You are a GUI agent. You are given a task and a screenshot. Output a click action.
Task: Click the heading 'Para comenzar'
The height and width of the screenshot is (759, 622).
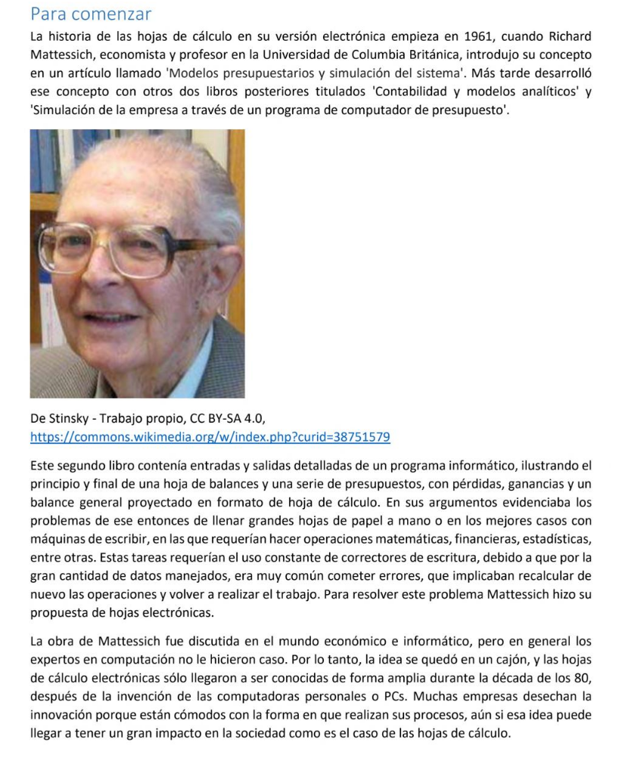[x=90, y=14]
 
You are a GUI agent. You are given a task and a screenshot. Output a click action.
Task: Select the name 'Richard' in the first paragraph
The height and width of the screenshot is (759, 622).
[x=568, y=37]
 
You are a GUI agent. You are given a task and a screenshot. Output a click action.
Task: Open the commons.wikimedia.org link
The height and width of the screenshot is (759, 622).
[x=210, y=438]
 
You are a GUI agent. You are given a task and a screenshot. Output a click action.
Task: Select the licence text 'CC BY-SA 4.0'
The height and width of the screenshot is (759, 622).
[x=226, y=419]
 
